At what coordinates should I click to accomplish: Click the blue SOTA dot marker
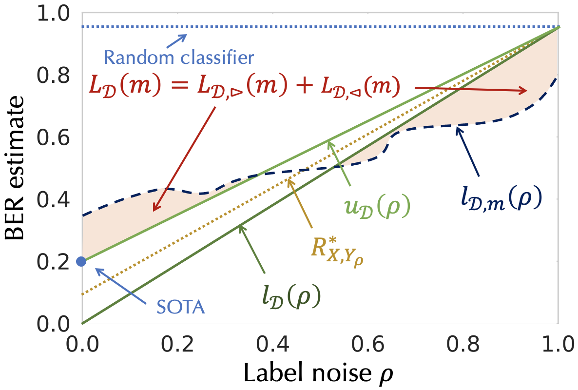click(x=81, y=261)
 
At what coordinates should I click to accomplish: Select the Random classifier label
click(x=179, y=58)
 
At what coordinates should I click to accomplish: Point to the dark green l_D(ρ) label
click(x=290, y=295)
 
